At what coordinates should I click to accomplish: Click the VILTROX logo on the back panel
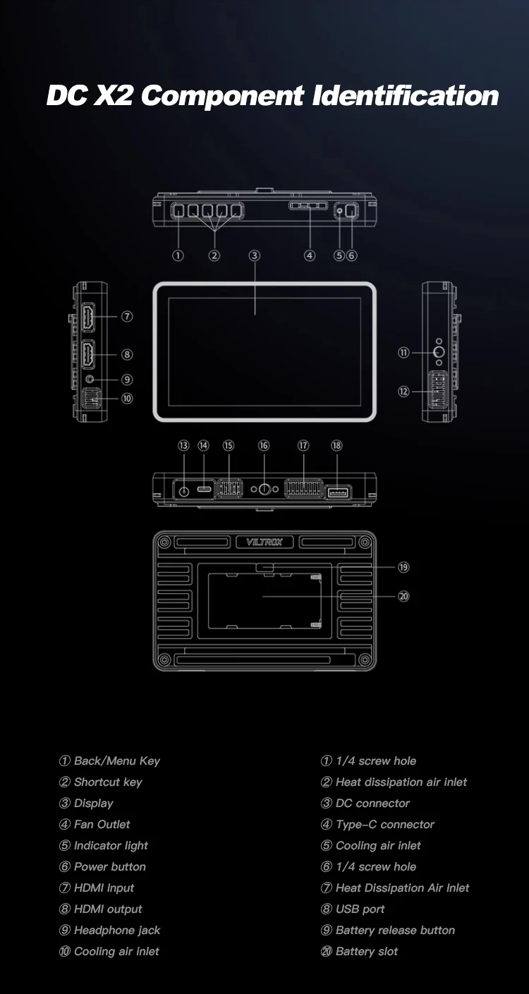point(264,542)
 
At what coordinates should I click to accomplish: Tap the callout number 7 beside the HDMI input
point(127,317)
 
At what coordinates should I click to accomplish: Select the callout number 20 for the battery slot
point(403,596)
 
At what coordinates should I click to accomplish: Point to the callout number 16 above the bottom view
point(264,445)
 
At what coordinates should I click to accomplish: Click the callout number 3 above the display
point(255,255)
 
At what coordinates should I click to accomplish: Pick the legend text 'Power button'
point(109,866)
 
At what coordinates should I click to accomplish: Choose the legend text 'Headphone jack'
point(117,930)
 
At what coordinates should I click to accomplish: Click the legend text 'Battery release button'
point(395,930)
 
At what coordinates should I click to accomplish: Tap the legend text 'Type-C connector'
point(384,824)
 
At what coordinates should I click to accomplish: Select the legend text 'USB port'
point(360,909)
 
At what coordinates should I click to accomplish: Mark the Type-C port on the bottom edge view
point(204,489)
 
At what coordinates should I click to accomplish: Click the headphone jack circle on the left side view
point(88,379)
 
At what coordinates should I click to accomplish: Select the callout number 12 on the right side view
point(403,391)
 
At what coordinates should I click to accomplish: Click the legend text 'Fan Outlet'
point(102,824)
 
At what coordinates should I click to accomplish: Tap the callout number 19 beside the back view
point(403,567)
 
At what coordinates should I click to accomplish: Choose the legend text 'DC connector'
point(372,803)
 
